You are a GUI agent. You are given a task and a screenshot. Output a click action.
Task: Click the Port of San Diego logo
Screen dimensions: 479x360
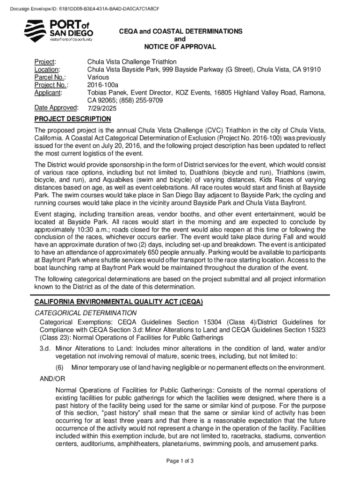[58, 31]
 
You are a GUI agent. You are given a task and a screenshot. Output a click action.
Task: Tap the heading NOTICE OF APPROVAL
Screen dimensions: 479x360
[180, 47]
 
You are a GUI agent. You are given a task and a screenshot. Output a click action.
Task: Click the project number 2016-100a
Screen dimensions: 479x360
[103, 85]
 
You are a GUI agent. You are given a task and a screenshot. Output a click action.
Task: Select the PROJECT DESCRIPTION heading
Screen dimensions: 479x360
[72, 119]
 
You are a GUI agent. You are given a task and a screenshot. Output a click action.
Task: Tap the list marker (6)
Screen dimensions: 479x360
[60, 367]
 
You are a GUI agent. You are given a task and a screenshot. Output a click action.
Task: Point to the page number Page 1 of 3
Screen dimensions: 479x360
[180, 461]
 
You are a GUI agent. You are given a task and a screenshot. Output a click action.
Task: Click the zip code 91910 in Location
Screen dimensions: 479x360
[311, 70]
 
